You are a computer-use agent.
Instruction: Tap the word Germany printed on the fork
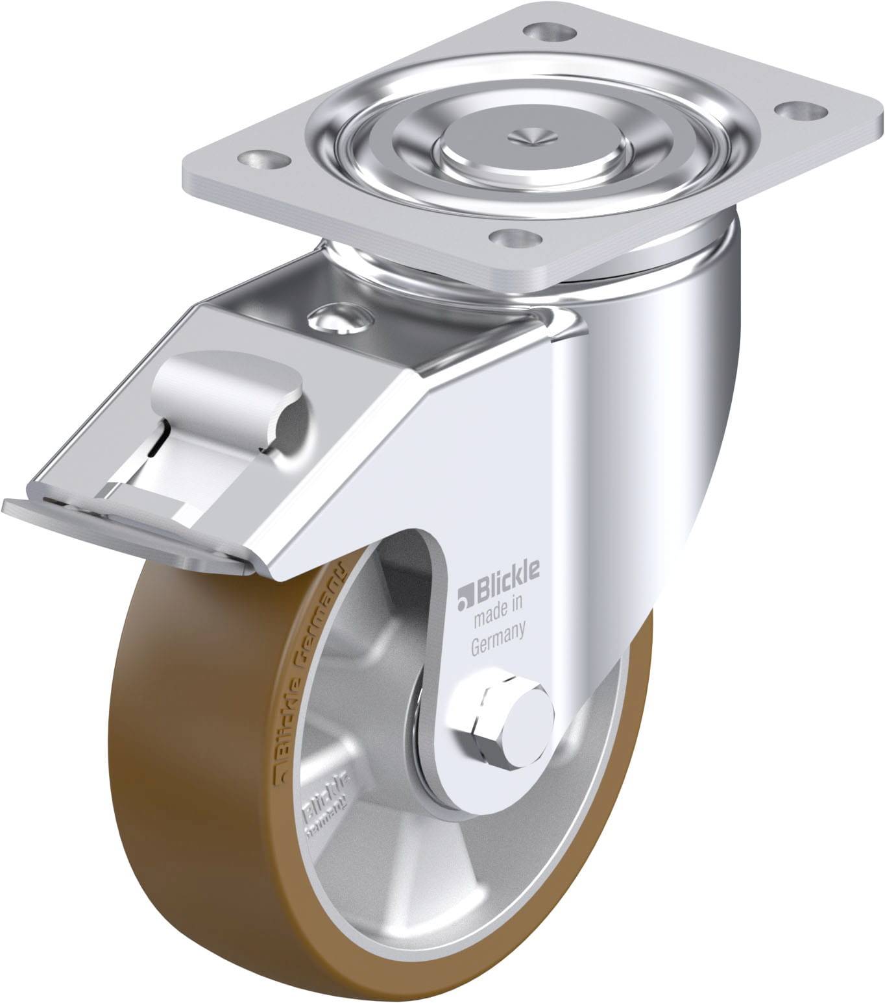[x=498, y=629]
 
